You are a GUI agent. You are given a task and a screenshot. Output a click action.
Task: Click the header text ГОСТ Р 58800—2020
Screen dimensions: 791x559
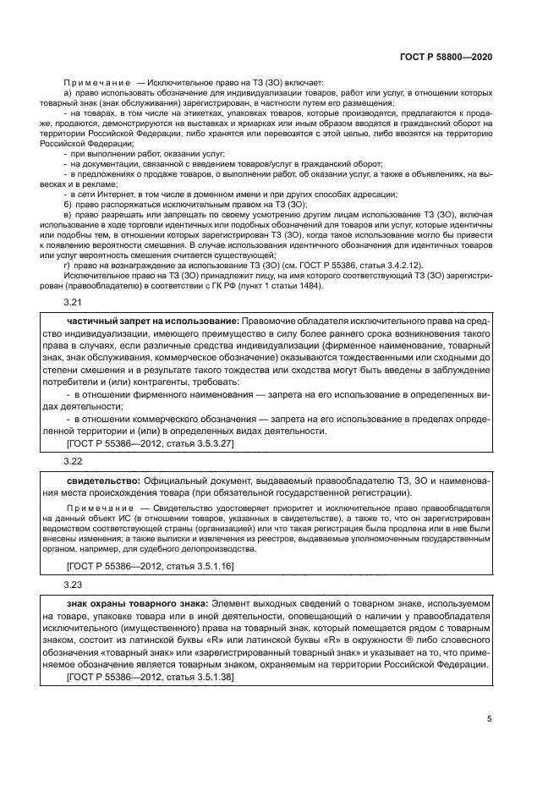pyautogui.click(x=445, y=57)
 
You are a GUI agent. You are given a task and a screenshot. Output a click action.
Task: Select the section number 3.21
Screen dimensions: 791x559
pyautogui.click(x=74, y=302)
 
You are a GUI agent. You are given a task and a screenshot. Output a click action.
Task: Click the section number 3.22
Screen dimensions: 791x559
pyautogui.click(x=74, y=461)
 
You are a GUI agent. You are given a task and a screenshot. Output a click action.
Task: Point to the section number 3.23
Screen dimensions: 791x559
pyautogui.click(x=74, y=584)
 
